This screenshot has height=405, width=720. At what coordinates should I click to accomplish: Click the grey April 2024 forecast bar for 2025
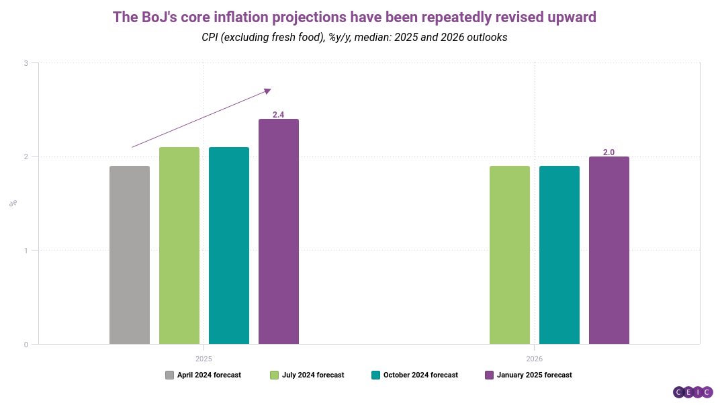(x=130, y=255)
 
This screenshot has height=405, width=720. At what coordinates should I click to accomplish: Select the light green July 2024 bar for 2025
(x=179, y=246)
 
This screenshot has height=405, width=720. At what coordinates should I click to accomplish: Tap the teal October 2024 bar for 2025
(x=229, y=246)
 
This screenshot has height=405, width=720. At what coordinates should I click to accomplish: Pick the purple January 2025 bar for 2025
(x=279, y=232)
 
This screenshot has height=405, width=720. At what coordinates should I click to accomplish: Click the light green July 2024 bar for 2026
(x=510, y=255)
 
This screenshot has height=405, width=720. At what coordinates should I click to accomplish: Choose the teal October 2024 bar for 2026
(x=559, y=255)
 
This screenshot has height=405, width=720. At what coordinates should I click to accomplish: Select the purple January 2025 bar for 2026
(x=609, y=251)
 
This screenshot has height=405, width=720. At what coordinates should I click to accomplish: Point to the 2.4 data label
(x=279, y=115)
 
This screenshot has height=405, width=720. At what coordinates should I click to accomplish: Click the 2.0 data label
(x=609, y=152)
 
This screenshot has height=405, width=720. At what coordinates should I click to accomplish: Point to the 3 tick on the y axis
(x=26, y=63)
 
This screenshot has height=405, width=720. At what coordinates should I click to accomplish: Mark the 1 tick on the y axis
(x=26, y=251)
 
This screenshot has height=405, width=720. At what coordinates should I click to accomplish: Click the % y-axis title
(x=13, y=203)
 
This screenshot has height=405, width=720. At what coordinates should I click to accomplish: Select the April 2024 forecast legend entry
(x=203, y=375)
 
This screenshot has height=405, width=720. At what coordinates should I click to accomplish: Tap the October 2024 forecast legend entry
(x=414, y=375)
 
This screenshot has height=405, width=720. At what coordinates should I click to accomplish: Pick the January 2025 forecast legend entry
(x=528, y=375)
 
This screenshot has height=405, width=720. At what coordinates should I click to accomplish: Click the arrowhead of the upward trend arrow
(x=268, y=90)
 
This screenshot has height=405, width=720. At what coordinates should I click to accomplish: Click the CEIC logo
(x=692, y=392)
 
